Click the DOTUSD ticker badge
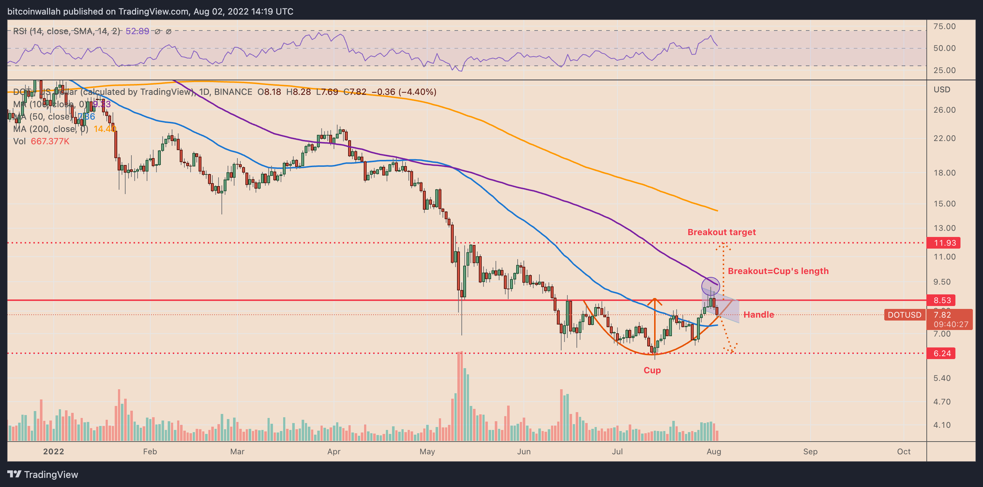coord(904,315)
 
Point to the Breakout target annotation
coord(721,232)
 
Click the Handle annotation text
coord(758,315)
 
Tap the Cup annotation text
coord(652,370)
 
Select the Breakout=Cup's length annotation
coord(778,271)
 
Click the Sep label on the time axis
coord(810,451)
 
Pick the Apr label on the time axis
coord(334,451)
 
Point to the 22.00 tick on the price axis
coord(944,138)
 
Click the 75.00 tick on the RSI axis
coord(944,27)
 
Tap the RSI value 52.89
coord(137,31)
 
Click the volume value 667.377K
coord(50,141)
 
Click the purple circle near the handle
coord(710,286)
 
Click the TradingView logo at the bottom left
coord(43,474)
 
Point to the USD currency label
coord(941,89)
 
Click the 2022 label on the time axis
coord(53,451)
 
